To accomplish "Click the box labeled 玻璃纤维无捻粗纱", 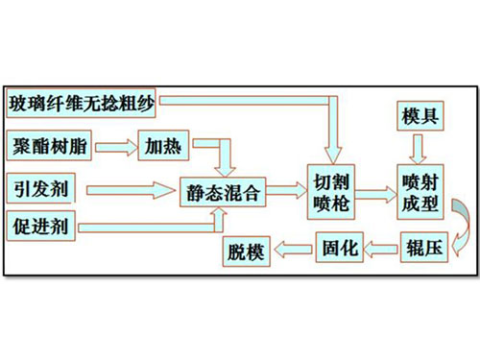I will point(81,101).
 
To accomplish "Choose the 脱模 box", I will point(246,252).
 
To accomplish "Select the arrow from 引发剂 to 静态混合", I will point(125,187).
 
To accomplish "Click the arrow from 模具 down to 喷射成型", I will point(419,147).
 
